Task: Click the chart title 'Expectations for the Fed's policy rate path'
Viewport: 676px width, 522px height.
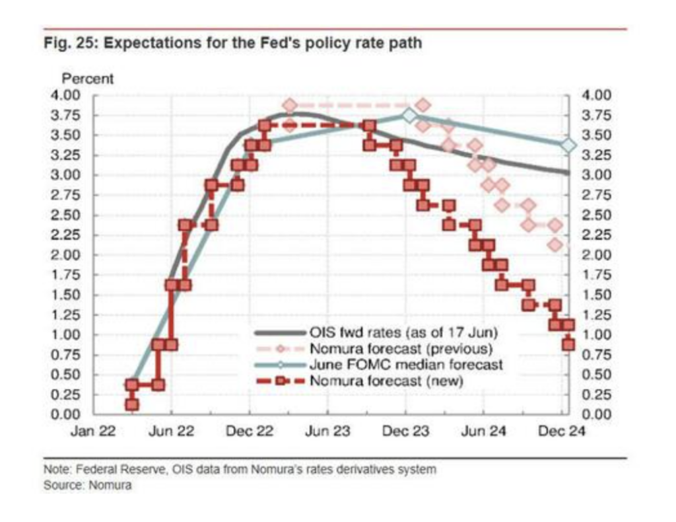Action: pos(263,44)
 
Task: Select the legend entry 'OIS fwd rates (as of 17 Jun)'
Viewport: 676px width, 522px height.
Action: pos(403,332)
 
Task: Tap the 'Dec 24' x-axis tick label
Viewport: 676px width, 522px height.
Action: pos(562,431)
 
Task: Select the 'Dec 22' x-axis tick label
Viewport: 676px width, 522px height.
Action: pos(250,431)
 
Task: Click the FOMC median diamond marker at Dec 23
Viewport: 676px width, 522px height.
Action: pos(409,116)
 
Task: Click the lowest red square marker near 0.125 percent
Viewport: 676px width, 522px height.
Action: pos(132,404)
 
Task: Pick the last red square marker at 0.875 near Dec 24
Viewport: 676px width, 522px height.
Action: pos(568,344)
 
